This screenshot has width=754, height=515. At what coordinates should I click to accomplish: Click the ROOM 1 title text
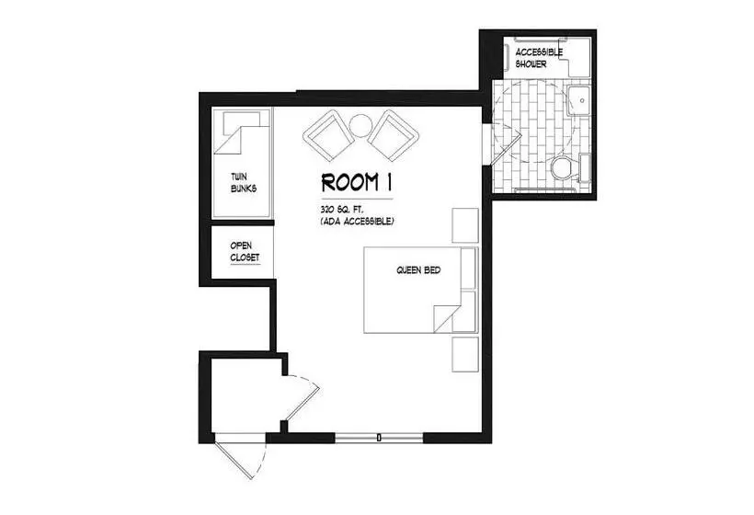point(357,182)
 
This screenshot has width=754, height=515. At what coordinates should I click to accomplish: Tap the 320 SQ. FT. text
point(341,210)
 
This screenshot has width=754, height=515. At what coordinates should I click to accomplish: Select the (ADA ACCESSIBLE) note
point(358,222)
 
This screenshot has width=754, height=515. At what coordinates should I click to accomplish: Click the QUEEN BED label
point(418,270)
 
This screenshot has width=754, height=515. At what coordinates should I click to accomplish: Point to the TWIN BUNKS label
point(244,183)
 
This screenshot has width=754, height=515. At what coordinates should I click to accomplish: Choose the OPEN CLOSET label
point(245,252)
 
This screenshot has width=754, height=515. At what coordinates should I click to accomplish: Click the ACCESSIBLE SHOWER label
point(539,58)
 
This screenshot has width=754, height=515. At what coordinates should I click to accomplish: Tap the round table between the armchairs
point(360,126)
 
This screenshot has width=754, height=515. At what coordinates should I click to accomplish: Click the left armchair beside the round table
point(329,135)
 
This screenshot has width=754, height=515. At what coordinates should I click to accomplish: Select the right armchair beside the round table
point(394,135)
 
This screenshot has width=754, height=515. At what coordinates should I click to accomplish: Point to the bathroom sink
point(579,100)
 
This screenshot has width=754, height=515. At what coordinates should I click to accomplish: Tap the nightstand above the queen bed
point(465,225)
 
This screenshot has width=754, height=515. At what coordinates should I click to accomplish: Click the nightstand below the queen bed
point(465,354)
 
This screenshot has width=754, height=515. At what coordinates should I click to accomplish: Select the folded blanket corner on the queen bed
point(443,318)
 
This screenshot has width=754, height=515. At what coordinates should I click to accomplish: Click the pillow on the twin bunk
point(242,123)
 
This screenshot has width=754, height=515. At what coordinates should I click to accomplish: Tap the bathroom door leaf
point(507,149)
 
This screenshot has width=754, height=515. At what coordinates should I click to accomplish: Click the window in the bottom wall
point(379,438)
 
